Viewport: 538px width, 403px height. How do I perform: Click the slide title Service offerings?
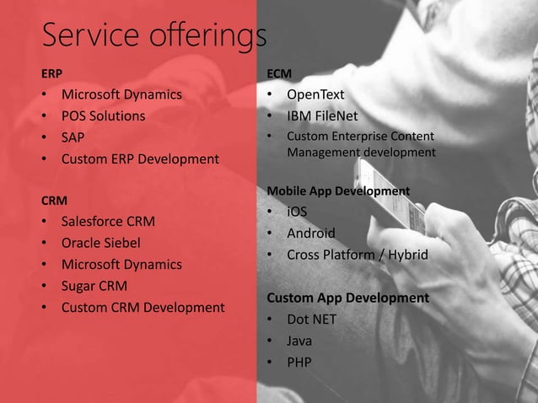(x=154, y=35)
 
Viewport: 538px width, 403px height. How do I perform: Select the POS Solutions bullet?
(x=103, y=116)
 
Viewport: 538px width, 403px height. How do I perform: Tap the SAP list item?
(x=73, y=137)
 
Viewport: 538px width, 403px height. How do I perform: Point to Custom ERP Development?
(x=139, y=159)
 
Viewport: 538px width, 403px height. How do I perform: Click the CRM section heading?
(x=54, y=201)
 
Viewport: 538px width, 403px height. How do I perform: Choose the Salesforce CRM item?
(x=108, y=223)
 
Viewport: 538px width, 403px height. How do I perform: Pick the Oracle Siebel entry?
(x=100, y=244)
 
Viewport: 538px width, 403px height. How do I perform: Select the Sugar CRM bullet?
(x=94, y=286)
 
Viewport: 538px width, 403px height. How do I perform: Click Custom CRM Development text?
(x=143, y=307)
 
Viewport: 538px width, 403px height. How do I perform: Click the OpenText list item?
(x=315, y=94)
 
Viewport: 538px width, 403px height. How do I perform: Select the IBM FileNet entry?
(x=322, y=116)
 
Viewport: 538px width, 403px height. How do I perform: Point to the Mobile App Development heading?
(x=338, y=191)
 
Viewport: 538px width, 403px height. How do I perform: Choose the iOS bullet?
(x=297, y=212)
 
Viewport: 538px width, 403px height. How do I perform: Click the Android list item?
(x=310, y=233)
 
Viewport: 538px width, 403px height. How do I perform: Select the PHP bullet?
(x=299, y=363)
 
